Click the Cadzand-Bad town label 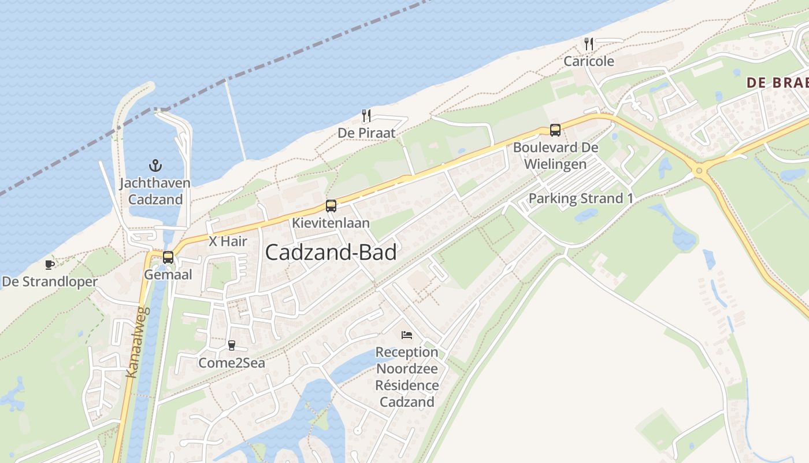click(x=331, y=253)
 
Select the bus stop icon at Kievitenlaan click(x=331, y=205)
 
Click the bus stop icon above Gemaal click(x=168, y=258)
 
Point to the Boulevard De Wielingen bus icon click(x=555, y=130)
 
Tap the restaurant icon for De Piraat click(x=366, y=116)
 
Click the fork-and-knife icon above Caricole click(x=589, y=43)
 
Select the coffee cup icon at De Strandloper click(x=50, y=265)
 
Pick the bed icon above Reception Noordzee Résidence click(x=407, y=335)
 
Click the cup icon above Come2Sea click(x=232, y=346)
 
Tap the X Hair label click(x=228, y=241)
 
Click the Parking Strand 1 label click(x=581, y=199)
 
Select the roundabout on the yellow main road click(x=699, y=171)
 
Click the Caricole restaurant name click(x=589, y=61)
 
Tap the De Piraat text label click(x=366, y=133)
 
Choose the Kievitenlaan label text click(x=331, y=223)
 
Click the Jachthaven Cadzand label click(x=155, y=192)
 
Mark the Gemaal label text click(x=168, y=275)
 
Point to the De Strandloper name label click(x=50, y=282)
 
